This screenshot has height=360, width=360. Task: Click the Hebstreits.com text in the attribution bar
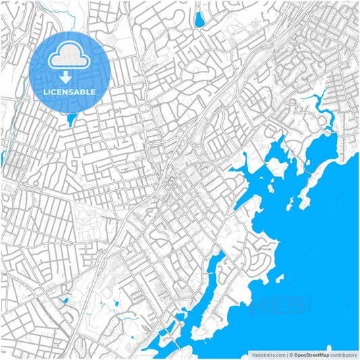click(x=267, y=355)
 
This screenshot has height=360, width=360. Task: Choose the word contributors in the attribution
click(x=344, y=355)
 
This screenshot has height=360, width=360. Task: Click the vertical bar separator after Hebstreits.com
click(x=286, y=355)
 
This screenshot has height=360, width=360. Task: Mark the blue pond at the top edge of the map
click(x=199, y=18)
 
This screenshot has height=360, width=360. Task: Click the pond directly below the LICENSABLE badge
click(x=71, y=120)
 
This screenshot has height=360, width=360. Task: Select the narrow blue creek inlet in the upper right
click(x=317, y=105)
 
